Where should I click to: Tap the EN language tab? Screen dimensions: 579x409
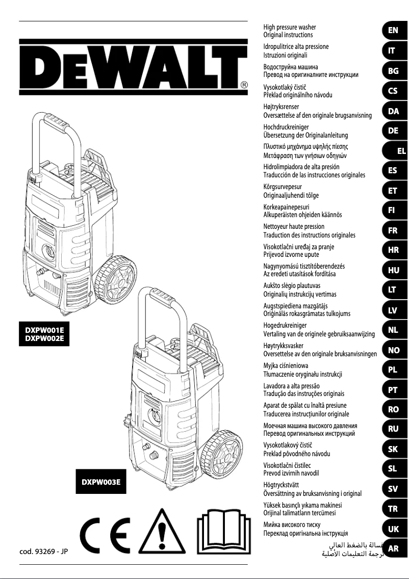393,31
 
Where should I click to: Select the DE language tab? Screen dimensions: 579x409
393,130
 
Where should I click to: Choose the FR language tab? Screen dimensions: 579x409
393,230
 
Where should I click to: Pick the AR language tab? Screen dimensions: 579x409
393,549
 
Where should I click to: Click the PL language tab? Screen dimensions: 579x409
393,370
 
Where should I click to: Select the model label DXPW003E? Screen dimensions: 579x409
101,482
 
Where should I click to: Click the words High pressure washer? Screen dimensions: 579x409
289,27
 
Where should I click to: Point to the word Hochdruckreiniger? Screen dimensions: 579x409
286,126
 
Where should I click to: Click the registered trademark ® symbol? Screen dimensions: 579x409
244,85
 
